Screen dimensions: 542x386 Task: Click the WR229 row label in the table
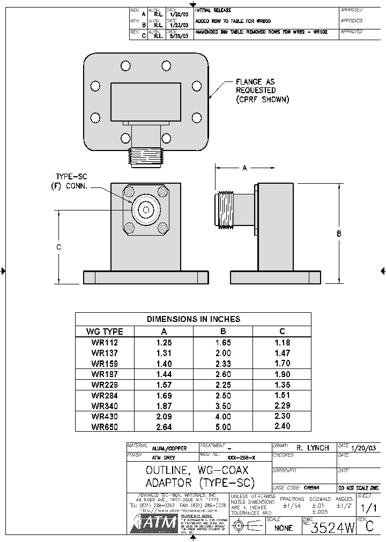click(x=105, y=385)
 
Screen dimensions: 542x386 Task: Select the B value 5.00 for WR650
click(x=223, y=427)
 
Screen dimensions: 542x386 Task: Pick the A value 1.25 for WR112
click(x=164, y=342)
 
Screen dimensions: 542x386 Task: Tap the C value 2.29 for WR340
click(x=282, y=405)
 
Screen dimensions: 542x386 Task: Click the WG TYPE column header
click(x=105, y=332)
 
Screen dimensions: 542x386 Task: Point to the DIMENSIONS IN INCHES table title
click(x=193, y=319)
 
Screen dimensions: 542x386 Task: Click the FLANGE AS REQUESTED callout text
click(x=262, y=91)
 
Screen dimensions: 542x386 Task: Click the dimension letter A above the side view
click(x=244, y=168)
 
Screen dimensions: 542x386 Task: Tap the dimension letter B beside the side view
click(x=339, y=234)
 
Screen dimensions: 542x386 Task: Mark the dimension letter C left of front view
click(x=58, y=247)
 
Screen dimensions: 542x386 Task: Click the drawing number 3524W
click(x=333, y=528)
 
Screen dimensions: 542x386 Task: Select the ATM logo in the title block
click(x=154, y=523)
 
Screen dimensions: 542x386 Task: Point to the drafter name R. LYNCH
click(x=313, y=448)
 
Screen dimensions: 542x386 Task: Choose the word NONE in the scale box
click(x=283, y=528)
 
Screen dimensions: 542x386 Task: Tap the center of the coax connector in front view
click(x=145, y=210)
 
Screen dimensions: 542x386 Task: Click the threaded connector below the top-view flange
click(x=145, y=157)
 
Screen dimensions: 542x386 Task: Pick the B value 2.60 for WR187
click(x=223, y=374)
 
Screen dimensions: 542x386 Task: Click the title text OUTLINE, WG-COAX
click(x=197, y=470)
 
